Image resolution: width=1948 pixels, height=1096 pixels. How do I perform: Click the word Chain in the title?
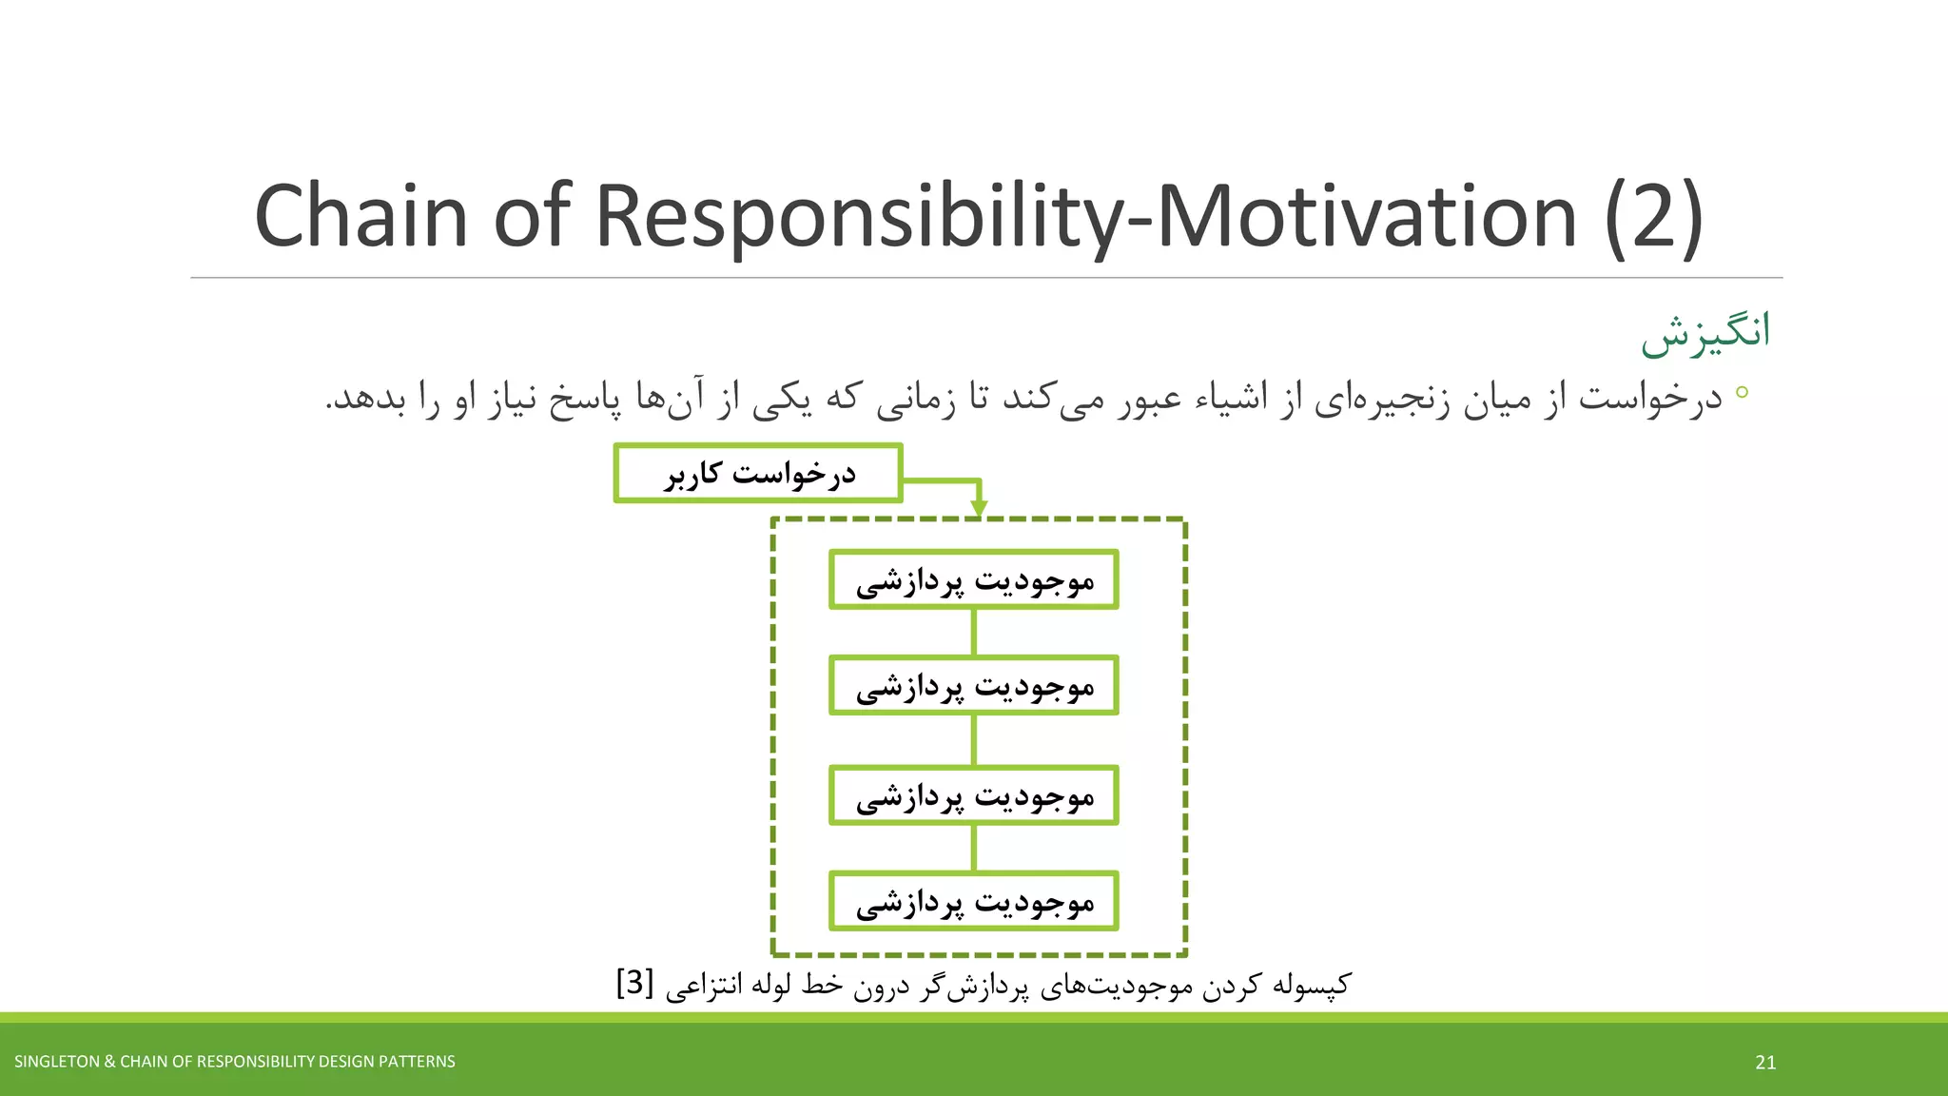point(361,217)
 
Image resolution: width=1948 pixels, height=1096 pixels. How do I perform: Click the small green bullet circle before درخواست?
point(1742,392)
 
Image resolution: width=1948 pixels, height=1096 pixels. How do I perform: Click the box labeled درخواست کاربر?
point(758,473)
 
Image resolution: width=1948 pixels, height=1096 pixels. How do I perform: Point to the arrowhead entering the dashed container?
point(979,509)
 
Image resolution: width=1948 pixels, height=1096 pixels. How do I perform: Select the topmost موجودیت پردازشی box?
point(973,579)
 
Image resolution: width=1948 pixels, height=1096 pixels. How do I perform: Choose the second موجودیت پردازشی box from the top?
point(973,685)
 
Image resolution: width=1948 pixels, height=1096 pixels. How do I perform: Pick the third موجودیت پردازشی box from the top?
point(973,794)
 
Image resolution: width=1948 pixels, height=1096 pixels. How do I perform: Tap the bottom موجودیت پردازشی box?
point(973,900)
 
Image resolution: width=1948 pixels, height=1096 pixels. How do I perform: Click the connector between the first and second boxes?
point(973,632)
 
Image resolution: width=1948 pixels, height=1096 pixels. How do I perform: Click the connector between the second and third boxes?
point(973,739)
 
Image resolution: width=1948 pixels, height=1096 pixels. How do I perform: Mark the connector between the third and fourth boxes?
point(973,847)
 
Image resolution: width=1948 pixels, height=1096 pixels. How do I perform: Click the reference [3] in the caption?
point(634,983)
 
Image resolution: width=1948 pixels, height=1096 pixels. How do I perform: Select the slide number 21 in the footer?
point(1765,1063)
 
